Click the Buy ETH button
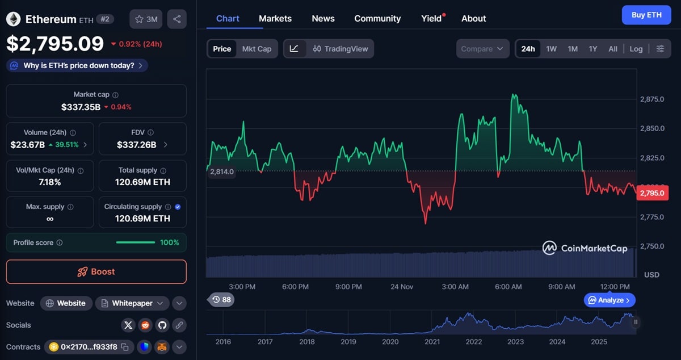tap(646, 15)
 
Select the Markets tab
tap(275, 18)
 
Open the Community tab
tap(377, 18)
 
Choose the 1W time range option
tap(551, 49)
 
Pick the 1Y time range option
tap(593, 49)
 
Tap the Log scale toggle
tap(636, 49)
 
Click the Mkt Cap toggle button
tap(257, 49)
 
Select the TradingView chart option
tap(340, 49)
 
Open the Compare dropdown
tap(482, 49)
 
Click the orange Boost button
tap(96, 271)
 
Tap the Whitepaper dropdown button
tap(132, 303)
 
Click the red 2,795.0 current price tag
tap(653, 193)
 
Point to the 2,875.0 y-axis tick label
tap(652, 99)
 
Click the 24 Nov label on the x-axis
tap(402, 287)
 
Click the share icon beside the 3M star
tap(176, 19)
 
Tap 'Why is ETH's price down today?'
tap(78, 65)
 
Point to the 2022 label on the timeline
tap(474, 341)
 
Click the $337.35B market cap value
tap(81, 107)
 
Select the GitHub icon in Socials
tap(162, 325)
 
